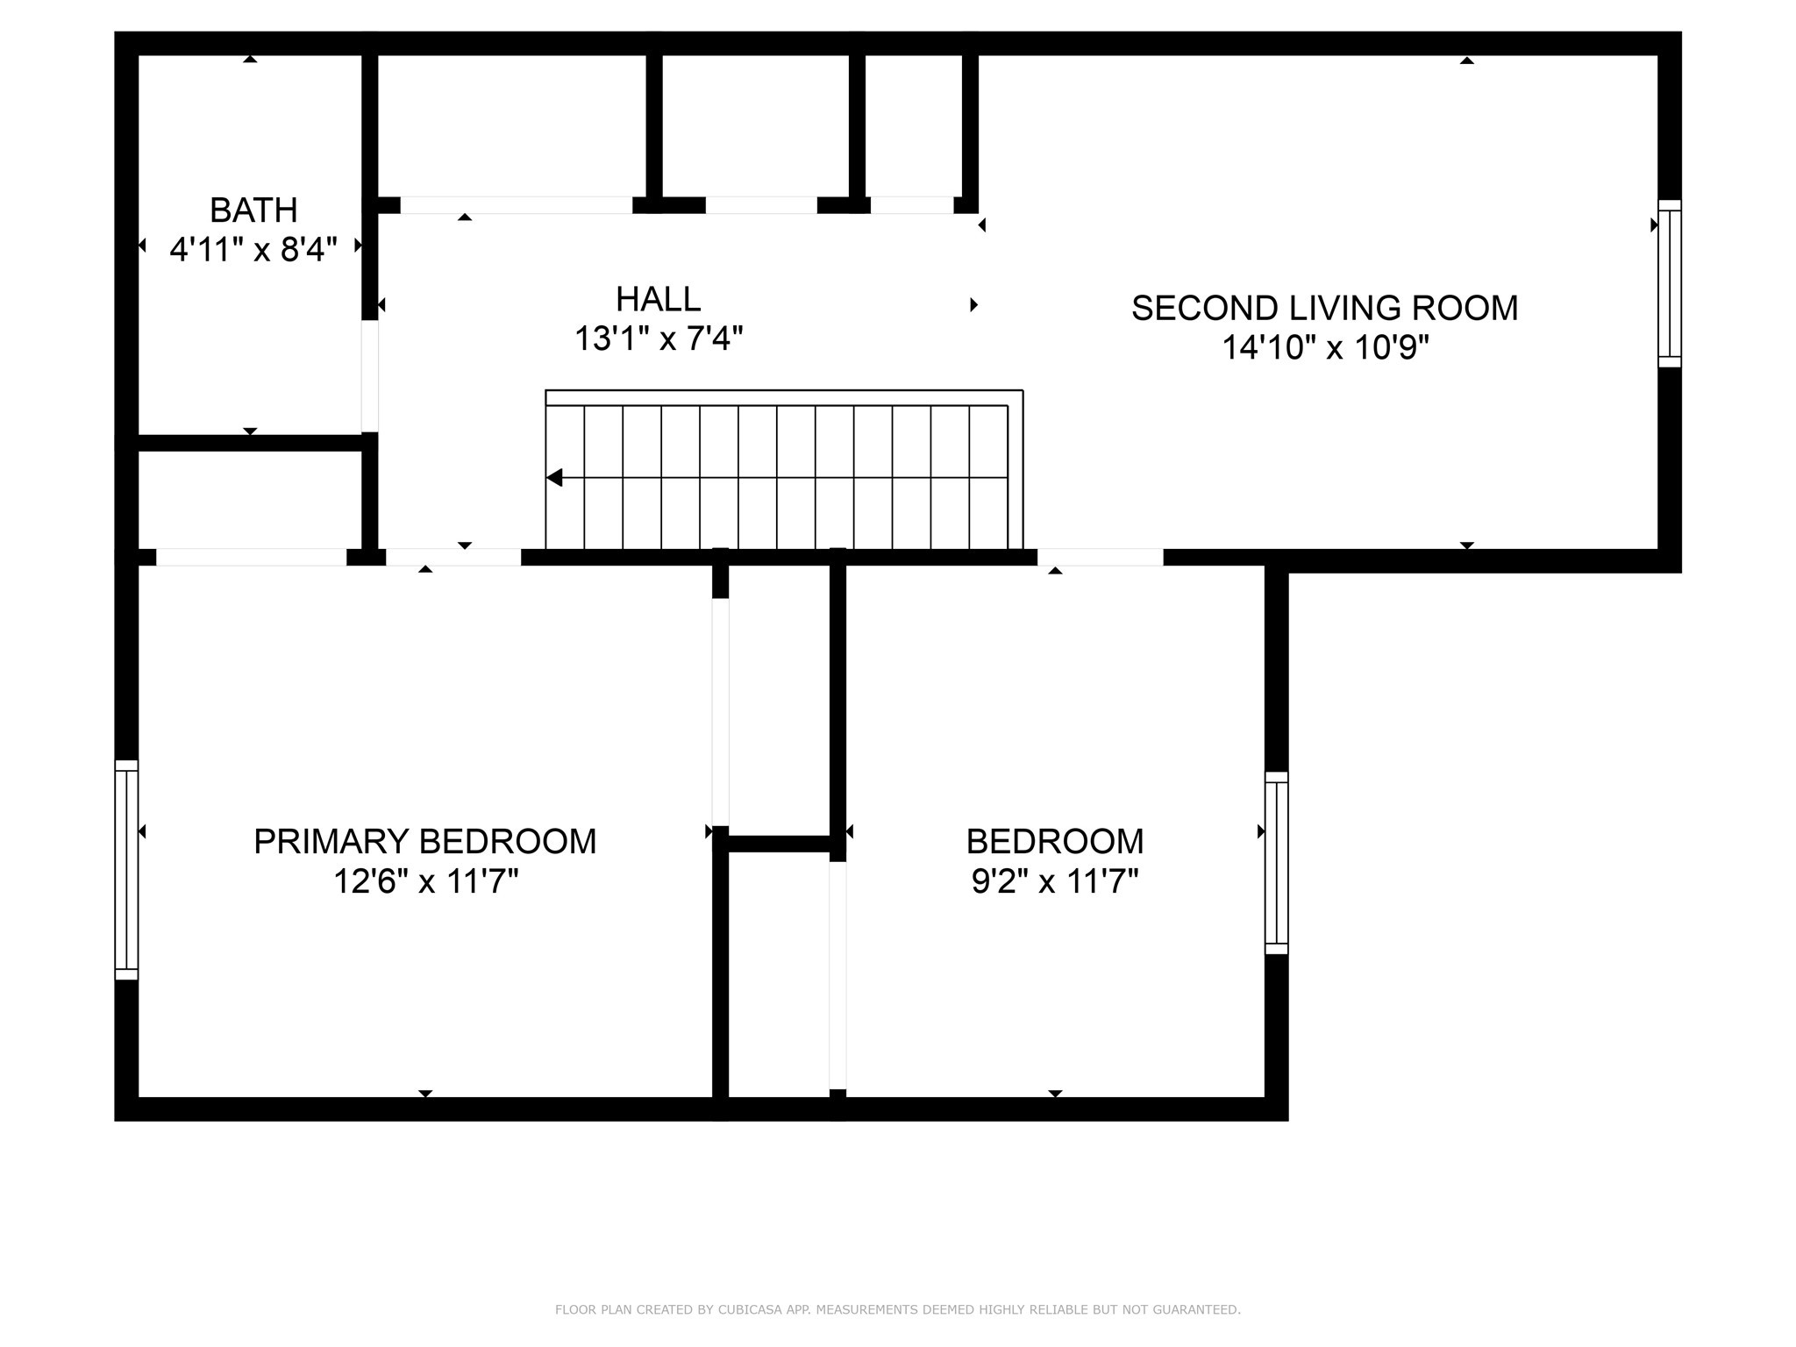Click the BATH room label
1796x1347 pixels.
tap(253, 210)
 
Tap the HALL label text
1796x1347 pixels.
tap(658, 299)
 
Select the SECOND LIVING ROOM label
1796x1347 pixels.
tap(1324, 308)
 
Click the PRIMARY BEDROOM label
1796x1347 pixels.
tap(424, 841)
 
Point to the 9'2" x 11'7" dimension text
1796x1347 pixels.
tap(1055, 880)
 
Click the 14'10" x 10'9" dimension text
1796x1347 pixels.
tap(1325, 348)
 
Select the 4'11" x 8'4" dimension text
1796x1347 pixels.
tap(253, 250)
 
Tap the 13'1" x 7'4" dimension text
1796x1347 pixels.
tap(659, 339)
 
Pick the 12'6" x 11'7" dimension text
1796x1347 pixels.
tap(425, 880)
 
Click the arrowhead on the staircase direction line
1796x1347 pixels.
tap(554, 478)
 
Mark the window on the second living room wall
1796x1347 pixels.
tap(1670, 283)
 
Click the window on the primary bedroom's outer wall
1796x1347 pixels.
tap(126, 870)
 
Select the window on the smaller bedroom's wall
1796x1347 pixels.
tap(1276, 863)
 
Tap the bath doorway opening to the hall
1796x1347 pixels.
tap(370, 375)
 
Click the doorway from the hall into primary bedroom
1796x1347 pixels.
tap(453, 557)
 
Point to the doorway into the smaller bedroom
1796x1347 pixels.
tap(1100, 557)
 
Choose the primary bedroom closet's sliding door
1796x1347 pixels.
tap(720, 712)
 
